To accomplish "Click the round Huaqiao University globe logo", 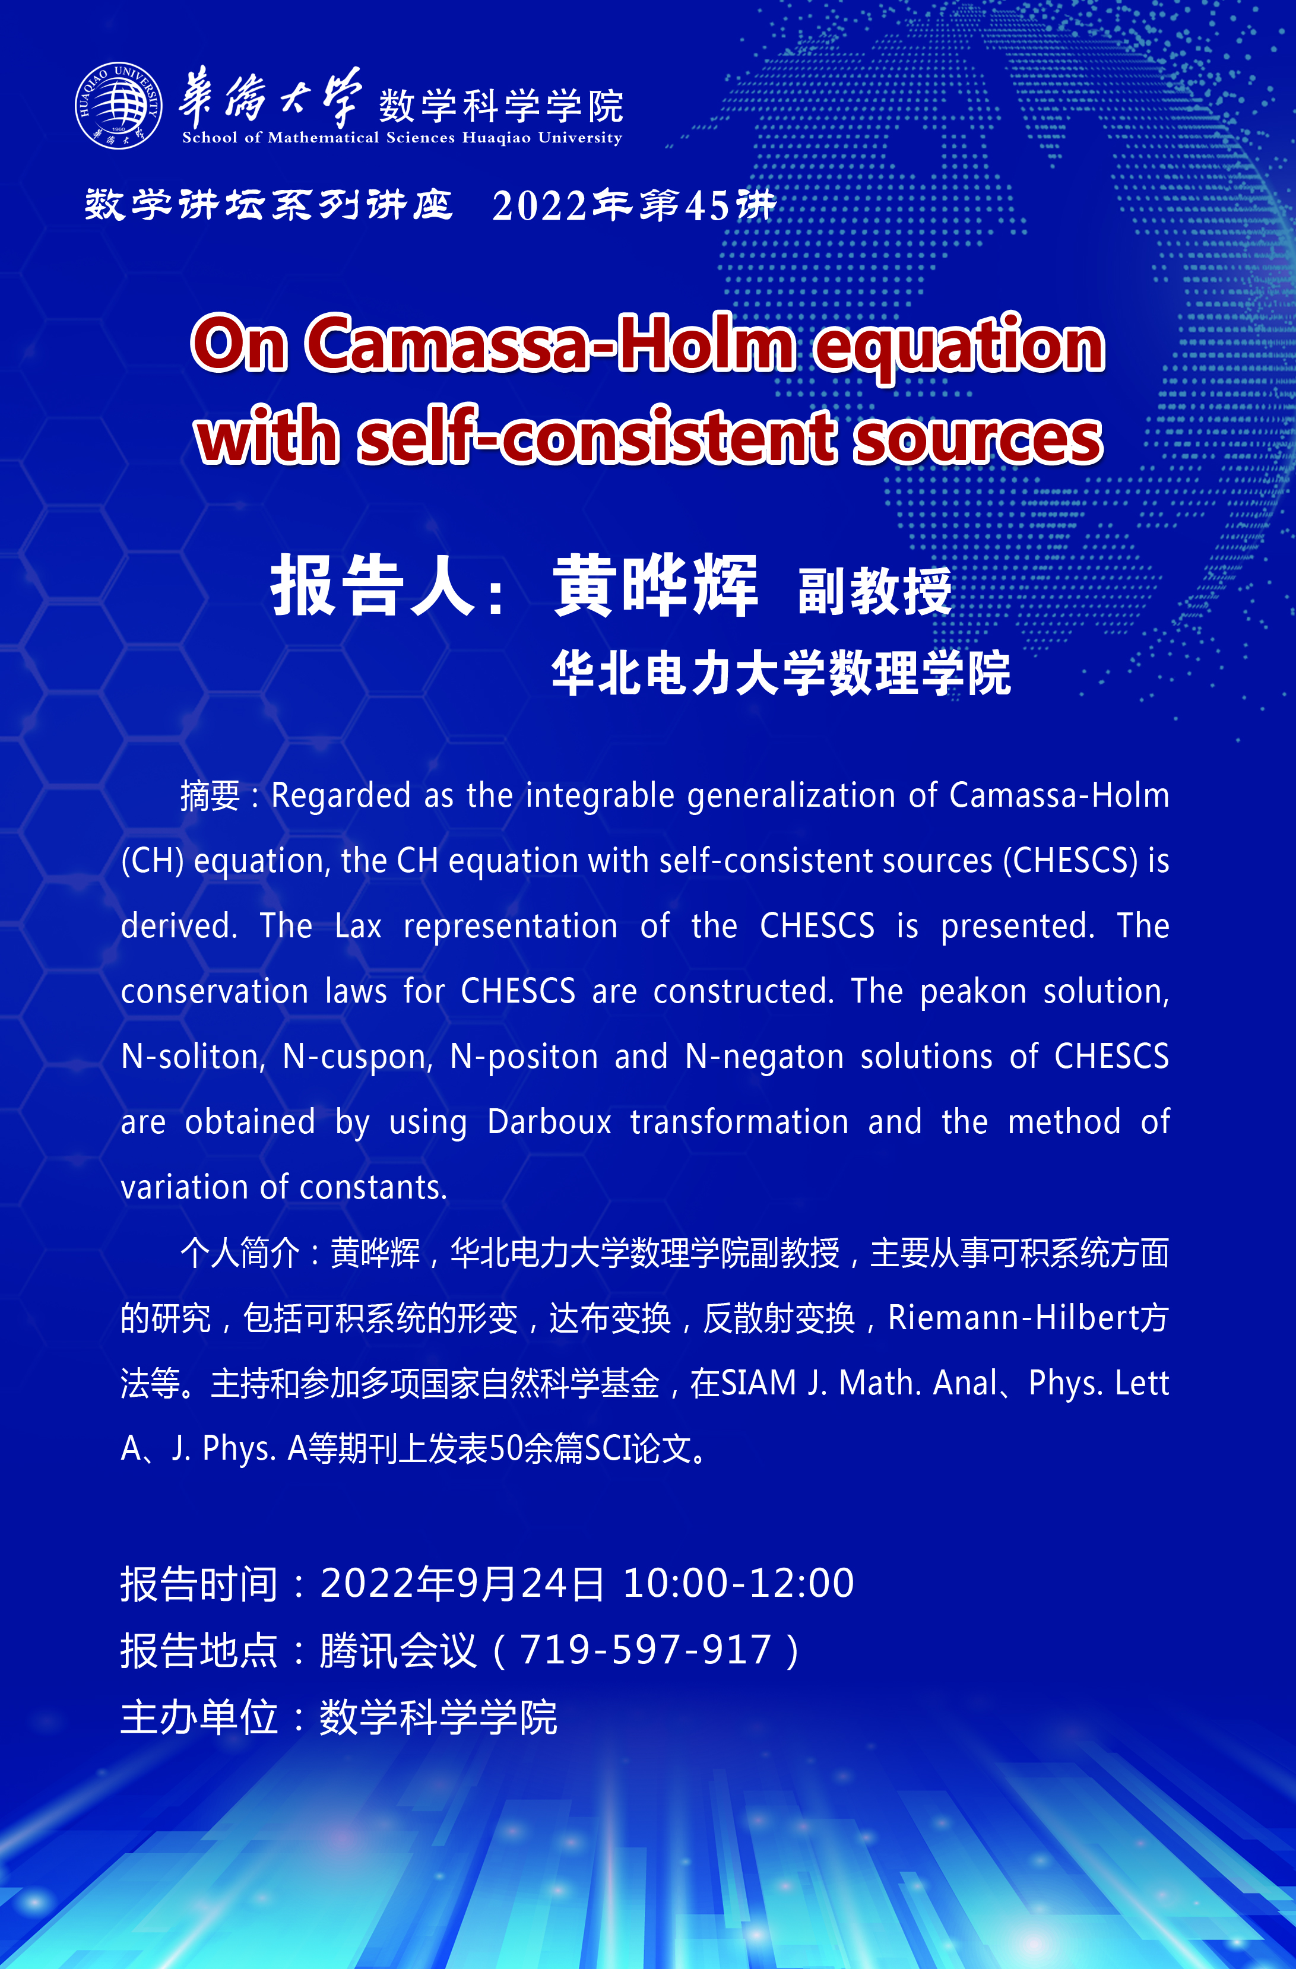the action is [118, 105].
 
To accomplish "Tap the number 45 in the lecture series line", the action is [708, 206].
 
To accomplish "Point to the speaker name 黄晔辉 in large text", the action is [655, 586].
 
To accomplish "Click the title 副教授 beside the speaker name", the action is [874, 591].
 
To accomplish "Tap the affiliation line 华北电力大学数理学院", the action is [781, 673].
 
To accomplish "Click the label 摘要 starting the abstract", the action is [210, 796].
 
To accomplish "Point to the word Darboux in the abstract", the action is [550, 1122].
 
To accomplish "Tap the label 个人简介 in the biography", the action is [240, 1253].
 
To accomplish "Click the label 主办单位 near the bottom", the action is [199, 1717].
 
